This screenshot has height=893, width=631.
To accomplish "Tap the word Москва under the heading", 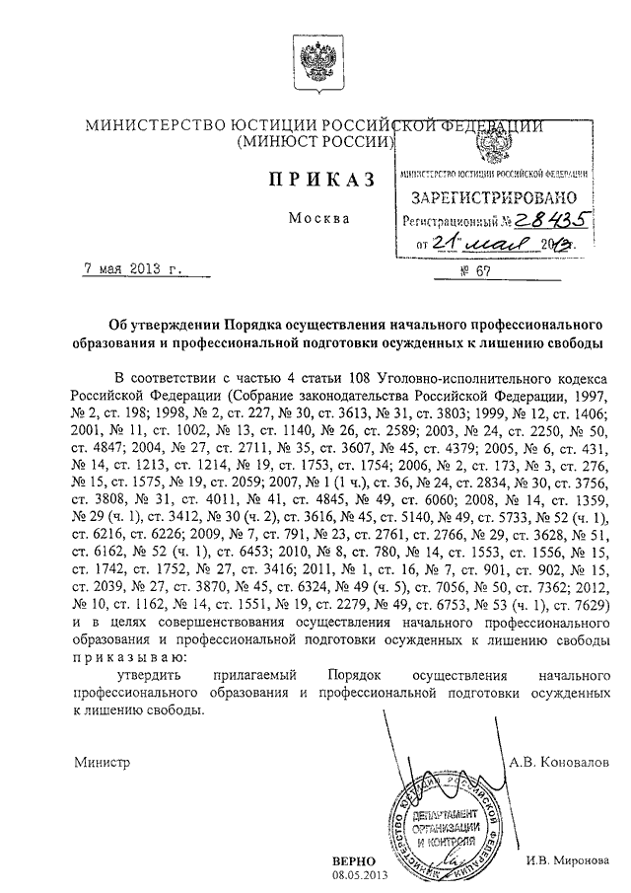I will point(318,217).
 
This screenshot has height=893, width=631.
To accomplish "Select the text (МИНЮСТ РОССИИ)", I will point(315,144).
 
